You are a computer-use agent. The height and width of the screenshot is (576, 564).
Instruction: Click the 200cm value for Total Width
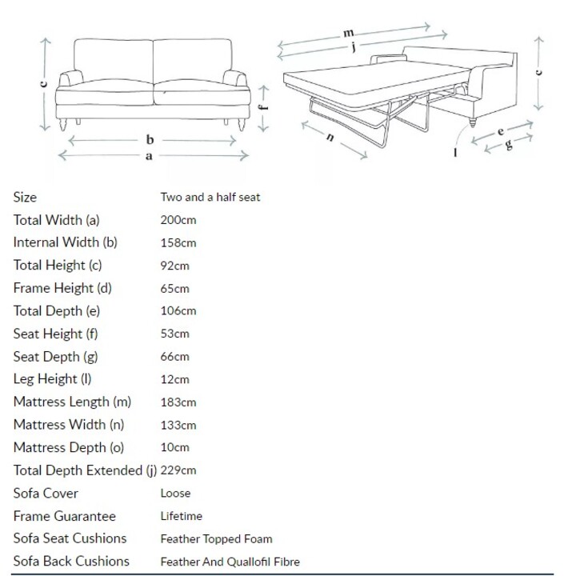178,220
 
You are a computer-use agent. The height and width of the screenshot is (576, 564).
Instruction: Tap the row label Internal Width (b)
65,242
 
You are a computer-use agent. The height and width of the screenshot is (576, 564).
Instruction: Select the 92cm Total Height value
175,266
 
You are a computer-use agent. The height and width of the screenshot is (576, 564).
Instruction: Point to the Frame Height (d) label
62,288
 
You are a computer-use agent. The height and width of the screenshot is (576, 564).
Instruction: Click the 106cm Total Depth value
178,310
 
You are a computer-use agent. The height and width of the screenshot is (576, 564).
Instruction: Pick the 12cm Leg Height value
175,379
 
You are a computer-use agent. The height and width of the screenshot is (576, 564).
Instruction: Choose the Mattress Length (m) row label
72,402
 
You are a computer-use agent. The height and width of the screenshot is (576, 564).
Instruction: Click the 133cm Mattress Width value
178,425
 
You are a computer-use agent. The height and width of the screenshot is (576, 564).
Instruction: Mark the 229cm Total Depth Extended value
178,470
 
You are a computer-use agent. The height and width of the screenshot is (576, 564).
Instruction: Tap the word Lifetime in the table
181,516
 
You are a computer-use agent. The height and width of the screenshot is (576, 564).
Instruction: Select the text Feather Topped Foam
217,539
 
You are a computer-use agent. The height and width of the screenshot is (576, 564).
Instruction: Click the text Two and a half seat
210,198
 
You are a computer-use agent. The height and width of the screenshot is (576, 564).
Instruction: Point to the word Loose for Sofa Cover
175,493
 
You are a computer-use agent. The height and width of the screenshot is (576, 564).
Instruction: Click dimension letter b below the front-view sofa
150,139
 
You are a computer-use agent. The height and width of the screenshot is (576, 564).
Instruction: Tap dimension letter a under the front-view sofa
149,156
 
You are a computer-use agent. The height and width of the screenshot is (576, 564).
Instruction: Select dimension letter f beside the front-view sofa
262,107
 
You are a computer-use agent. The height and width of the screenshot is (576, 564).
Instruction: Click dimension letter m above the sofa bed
348,33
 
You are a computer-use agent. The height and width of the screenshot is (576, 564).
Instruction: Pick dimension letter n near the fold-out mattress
330,137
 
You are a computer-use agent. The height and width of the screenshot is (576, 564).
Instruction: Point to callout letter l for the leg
456,152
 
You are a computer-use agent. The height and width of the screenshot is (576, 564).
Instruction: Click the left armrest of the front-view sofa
71,78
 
